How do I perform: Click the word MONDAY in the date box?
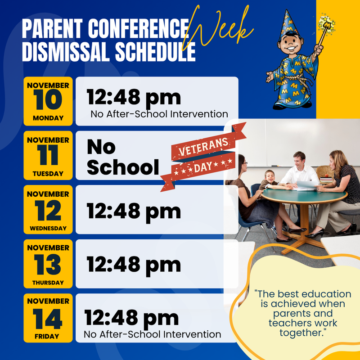pos(48,118)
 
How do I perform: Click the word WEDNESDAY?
pos(48,228)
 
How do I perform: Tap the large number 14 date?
pos(48,319)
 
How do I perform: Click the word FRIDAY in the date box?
pos(48,336)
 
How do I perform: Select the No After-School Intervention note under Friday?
pos(152,335)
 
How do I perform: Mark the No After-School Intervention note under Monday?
pos(159,114)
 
